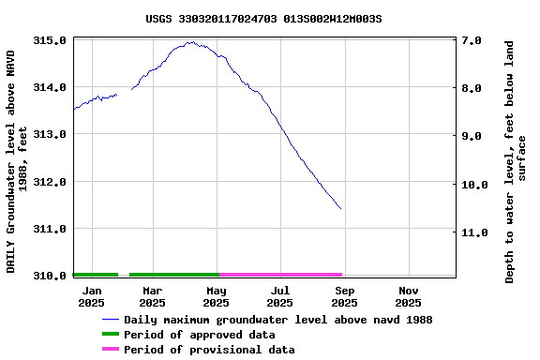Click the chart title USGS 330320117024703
coord(270,18)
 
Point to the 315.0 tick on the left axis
coord(49,41)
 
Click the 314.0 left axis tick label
coord(49,88)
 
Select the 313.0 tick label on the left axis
coord(49,135)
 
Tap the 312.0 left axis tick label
coord(49,182)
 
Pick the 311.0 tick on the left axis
coord(49,229)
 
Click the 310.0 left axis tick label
coord(49,276)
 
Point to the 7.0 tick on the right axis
coord(472,41)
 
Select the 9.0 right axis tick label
coord(472,136)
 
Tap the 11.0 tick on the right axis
coord(472,232)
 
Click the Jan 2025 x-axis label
coord(91,296)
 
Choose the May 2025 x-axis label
coord(216,296)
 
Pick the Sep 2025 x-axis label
coord(344,296)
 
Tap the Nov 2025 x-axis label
coord(408,296)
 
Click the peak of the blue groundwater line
coord(190,42)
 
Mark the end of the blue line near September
coord(340,208)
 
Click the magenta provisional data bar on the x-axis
coord(280,275)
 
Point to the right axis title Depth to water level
coord(516,161)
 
